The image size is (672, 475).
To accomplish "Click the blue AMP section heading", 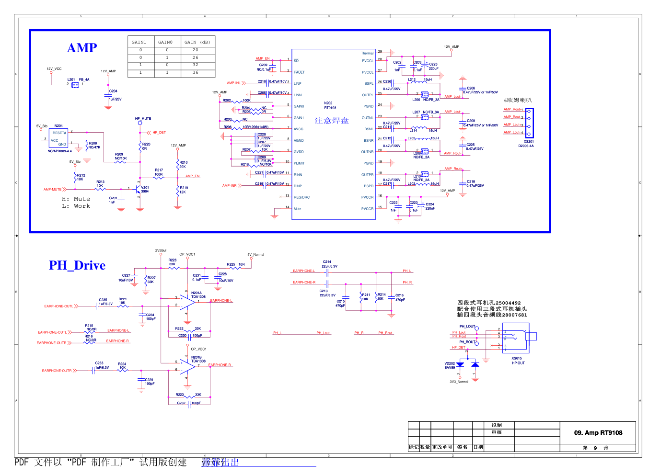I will click(82, 48).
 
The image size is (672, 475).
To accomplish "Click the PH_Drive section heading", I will click(77, 265).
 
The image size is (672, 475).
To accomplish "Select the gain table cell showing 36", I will click(195, 73).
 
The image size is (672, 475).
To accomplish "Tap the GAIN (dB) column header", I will click(197, 42).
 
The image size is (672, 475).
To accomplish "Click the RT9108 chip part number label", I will click(330, 108).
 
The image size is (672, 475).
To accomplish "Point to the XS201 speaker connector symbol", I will click(529, 123).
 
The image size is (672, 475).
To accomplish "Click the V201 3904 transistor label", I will click(145, 189).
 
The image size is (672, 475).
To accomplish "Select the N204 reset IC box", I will click(58, 138).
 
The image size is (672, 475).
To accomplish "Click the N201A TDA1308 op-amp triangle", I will click(186, 302).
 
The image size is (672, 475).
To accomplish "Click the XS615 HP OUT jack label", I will click(518, 361).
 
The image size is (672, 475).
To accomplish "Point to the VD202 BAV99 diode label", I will click(450, 365).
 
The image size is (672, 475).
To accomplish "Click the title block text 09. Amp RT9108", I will click(598, 433).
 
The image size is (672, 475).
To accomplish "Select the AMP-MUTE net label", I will click(52, 190).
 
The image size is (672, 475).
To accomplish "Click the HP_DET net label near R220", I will click(159, 133).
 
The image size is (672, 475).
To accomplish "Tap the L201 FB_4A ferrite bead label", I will click(78, 79).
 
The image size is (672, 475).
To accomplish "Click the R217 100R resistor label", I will click(159, 172).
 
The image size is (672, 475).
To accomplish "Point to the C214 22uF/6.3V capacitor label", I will click(329, 264).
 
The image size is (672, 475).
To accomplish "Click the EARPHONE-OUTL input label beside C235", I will click(58, 306).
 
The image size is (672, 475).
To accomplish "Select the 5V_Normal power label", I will click(255, 255).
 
